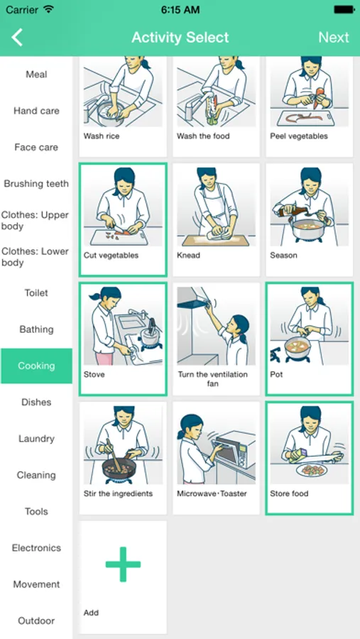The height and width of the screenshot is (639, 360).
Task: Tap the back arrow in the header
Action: [17, 38]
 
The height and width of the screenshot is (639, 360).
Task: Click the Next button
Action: [334, 38]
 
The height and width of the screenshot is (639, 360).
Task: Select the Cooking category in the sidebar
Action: [36, 366]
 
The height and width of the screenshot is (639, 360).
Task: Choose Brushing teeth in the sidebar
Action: [36, 184]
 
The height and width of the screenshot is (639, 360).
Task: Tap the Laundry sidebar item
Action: [36, 439]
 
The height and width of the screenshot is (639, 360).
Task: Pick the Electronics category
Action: [36, 547]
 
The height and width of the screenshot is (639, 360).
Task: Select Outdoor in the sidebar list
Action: [36, 621]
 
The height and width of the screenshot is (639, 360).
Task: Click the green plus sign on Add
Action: [123, 564]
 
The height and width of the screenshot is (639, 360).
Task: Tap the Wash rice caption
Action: [102, 136]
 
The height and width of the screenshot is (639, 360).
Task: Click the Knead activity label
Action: [188, 256]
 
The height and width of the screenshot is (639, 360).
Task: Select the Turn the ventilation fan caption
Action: [213, 378]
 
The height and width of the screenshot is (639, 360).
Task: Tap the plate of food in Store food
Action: [312, 470]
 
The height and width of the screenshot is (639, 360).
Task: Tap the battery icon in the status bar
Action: [343, 9]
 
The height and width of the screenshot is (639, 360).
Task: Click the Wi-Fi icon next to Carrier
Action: [48, 9]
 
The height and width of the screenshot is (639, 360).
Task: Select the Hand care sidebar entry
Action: [36, 111]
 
